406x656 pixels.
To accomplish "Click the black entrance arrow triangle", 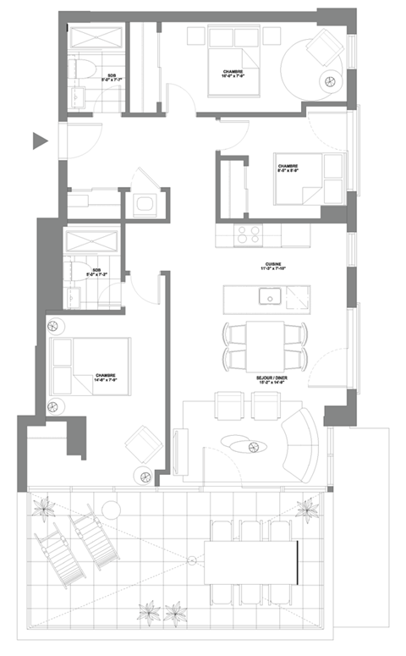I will [39, 141].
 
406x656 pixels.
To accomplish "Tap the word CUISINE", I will [272, 264].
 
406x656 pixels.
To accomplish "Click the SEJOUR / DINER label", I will [270, 380].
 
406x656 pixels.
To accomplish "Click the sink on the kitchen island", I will [272, 296].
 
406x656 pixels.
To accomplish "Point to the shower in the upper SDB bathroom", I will [96, 38].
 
